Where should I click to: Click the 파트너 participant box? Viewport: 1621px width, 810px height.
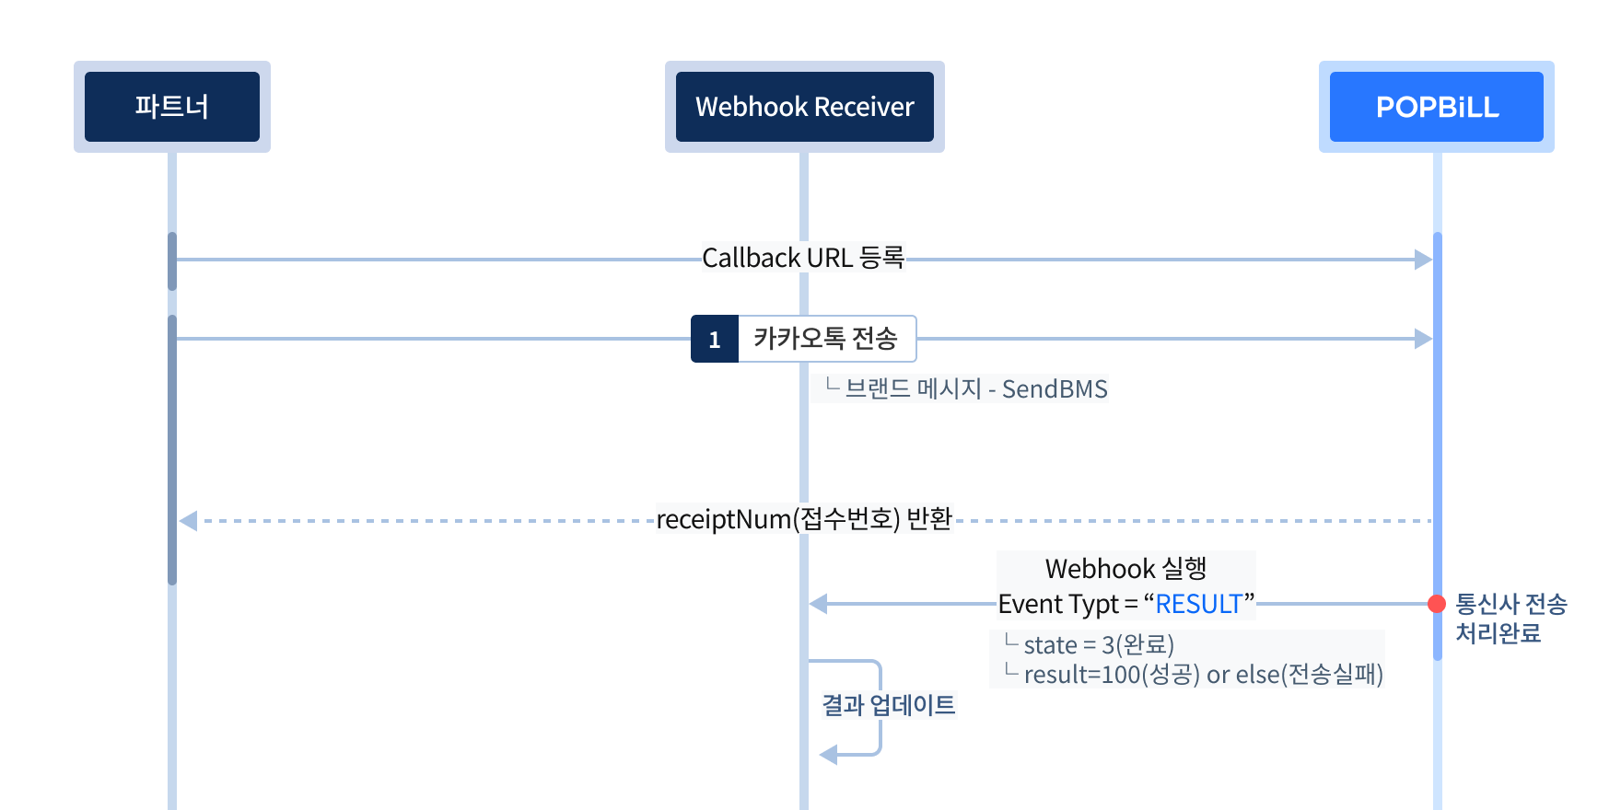coord(172,107)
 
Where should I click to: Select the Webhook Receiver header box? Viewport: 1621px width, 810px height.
coord(804,107)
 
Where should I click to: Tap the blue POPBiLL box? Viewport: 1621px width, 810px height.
coord(1436,107)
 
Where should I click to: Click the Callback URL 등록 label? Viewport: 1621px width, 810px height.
coord(803,257)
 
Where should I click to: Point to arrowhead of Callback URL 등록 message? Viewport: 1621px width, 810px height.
coord(1424,260)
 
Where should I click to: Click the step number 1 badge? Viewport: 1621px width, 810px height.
coord(715,340)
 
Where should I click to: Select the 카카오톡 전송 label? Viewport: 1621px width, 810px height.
coord(825,339)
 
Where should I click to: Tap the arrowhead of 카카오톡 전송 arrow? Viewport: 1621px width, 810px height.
coord(1424,339)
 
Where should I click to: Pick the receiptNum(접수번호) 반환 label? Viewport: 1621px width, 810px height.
coord(804,519)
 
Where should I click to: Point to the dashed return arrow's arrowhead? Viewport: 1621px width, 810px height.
coord(188,521)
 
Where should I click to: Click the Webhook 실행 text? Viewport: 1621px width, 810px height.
coord(1125,568)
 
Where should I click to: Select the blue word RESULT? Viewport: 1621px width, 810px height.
coord(1198,604)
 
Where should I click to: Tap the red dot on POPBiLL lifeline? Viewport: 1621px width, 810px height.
coord(1437,604)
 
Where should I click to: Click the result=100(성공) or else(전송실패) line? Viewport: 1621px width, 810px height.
coord(1202,675)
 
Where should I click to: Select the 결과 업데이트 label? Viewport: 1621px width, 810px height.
coord(889,705)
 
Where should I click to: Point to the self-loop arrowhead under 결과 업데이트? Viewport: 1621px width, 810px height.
coord(828,755)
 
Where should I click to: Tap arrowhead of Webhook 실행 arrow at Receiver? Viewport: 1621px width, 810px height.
coord(818,604)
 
